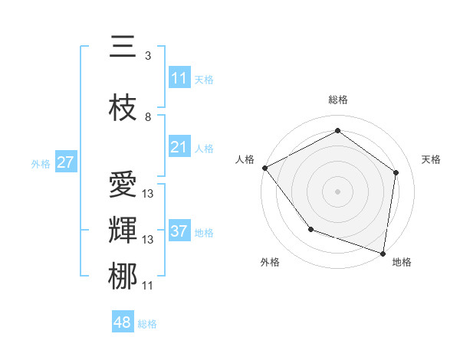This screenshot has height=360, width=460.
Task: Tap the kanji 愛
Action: coord(123,185)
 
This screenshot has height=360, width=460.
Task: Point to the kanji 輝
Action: coord(123,230)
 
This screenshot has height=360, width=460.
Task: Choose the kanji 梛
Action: coord(123,276)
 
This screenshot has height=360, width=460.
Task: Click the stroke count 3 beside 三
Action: coord(148,56)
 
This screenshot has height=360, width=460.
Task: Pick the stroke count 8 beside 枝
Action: coord(148,117)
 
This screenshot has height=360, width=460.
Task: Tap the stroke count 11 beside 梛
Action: coord(148,286)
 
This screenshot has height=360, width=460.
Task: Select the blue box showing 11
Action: coord(179,78)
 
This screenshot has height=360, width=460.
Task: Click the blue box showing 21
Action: coord(179,147)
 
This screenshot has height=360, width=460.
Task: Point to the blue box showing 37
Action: coord(179,231)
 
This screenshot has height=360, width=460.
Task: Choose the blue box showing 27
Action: coord(65,162)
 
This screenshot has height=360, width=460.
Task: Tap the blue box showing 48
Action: coord(122,322)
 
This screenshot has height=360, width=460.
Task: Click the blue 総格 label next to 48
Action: coord(147,324)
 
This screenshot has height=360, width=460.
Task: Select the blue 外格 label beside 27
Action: coord(40,164)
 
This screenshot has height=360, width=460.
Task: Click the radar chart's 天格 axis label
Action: coord(431,159)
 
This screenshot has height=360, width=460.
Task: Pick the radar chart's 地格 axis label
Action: coord(402,262)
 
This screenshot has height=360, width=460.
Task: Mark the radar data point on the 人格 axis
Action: coord(264,168)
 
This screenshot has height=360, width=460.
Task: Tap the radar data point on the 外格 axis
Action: coord(310,229)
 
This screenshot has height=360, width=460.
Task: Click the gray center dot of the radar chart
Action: coord(337,191)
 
